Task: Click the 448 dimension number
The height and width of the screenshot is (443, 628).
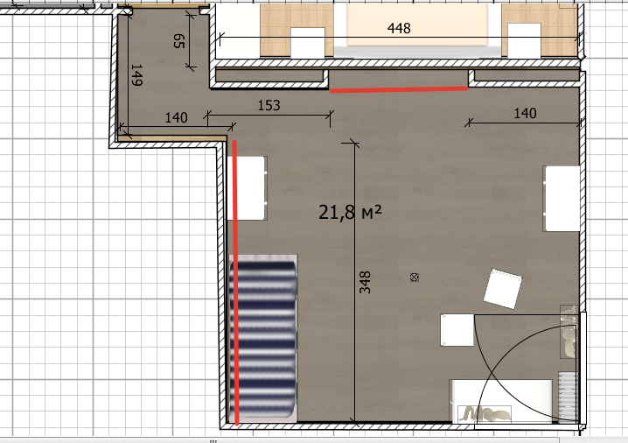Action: click(x=399, y=28)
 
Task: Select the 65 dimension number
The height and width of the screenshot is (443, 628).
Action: click(x=179, y=41)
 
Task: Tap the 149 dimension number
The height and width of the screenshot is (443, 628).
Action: click(x=136, y=75)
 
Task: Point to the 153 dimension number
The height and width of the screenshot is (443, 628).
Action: click(x=269, y=105)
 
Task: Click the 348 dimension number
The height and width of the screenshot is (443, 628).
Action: click(x=365, y=282)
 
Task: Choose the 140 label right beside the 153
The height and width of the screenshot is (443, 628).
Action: click(x=176, y=117)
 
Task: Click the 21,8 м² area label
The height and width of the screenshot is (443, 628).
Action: click(x=350, y=212)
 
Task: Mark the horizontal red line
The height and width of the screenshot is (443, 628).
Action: click(x=399, y=89)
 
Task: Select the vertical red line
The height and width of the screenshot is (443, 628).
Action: click(x=235, y=282)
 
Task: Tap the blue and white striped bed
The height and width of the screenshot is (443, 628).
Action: click(x=262, y=339)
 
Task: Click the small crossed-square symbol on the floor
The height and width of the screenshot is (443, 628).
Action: click(x=415, y=277)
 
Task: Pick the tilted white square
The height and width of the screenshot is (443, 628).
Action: click(x=503, y=289)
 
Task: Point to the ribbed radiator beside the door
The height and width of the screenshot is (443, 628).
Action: click(x=568, y=397)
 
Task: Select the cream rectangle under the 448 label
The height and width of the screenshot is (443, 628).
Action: click(x=417, y=25)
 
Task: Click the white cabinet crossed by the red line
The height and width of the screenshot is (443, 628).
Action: click(x=247, y=188)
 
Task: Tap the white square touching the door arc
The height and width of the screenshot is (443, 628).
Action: click(x=457, y=330)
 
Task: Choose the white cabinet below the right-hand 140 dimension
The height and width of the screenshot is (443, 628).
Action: click(x=562, y=199)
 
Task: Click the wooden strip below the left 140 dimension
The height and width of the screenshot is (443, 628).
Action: click(x=171, y=138)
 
